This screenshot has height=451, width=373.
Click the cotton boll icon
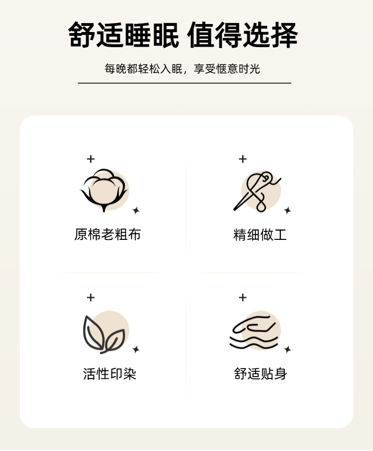tap(104, 190)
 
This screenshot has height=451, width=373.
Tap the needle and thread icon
tap(257, 191)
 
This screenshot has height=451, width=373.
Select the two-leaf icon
tap(104, 334)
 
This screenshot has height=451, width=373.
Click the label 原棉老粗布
tap(108, 234)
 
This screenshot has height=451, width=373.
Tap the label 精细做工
tap(260, 234)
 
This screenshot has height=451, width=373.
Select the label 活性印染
tap(110, 374)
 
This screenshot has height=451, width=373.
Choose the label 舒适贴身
tap(260, 374)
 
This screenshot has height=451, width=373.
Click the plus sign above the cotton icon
tap(91, 159)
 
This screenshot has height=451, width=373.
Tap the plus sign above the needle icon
tap(243, 159)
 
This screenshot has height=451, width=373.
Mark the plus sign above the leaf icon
tap(91, 297)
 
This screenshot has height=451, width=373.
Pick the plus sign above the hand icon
tap(243, 297)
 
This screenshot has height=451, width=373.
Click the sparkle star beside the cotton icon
tap(136, 211)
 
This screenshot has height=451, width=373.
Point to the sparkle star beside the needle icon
tap(288, 211)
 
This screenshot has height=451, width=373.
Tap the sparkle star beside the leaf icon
tap(136, 350)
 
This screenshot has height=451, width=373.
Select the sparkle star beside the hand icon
tap(288, 350)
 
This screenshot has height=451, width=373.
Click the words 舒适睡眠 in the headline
tap(124, 35)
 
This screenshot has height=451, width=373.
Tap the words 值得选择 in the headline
tap(243, 35)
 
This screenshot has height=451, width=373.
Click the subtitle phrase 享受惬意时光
tap(227, 69)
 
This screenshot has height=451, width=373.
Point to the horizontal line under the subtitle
tap(185, 83)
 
